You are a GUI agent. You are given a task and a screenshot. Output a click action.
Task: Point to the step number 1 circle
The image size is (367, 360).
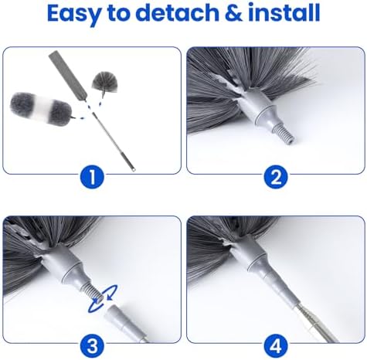pyautogui.click(x=91, y=178)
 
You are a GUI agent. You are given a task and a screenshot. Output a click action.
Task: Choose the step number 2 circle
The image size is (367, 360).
pyautogui.click(x=274, y=178)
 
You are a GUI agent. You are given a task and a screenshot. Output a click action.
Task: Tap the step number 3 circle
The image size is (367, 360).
pyautogui.click(x=91, y=344)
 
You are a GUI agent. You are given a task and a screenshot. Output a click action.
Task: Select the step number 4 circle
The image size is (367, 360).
pyautogui.click(x=274, y=344)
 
